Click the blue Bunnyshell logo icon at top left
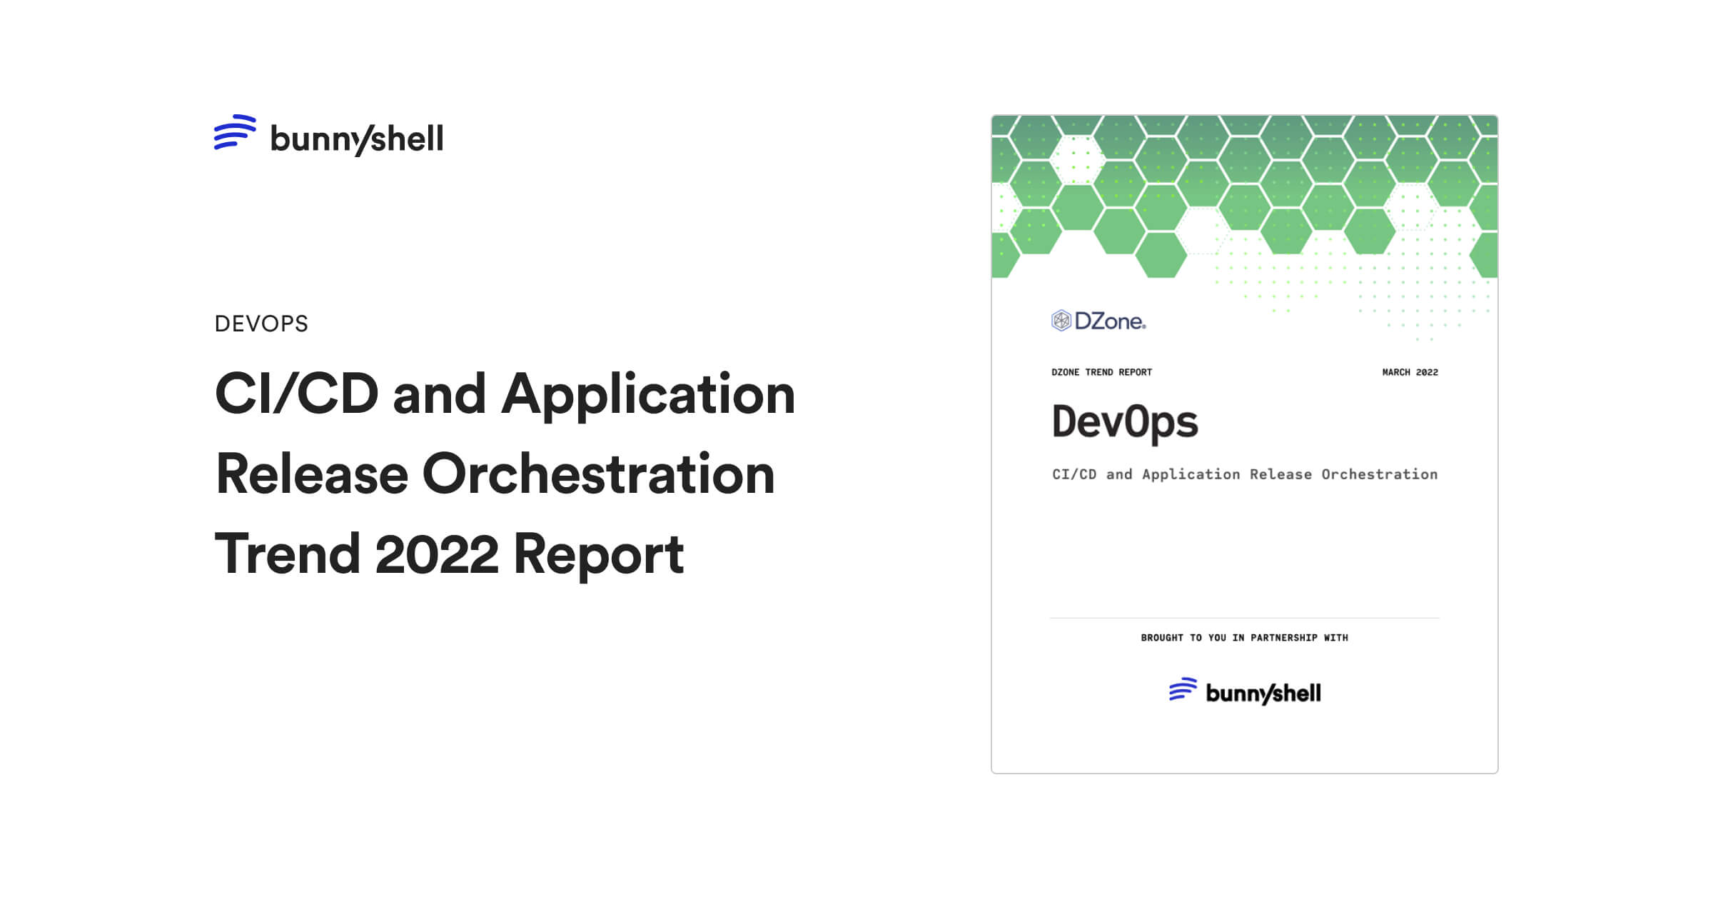[x=235, y=132]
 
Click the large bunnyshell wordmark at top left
[x=356, y=139]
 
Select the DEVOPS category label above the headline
[x=261, y=324]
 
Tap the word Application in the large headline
[x=647, y=395]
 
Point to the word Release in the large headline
[x=311, y=474]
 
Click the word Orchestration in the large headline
[x=598, y=474]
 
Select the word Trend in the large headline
[x=287, y=554]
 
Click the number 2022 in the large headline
[x=436, y=554]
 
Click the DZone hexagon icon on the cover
[x=1061, y=321]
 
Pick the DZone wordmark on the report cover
[x=1110, y=321]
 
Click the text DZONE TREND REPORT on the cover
[x=1101, y=372]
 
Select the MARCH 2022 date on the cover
[x=1410, y=372]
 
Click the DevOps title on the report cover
[x=1125, y=422]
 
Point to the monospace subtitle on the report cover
[x=1245, y=474]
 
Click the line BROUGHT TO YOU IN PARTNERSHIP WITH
[x=1244, y=638]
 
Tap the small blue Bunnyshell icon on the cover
[x=1183, y=689]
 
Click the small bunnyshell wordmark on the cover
[x=1263, y=693]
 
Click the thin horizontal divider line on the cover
[x=1244, y=618]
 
